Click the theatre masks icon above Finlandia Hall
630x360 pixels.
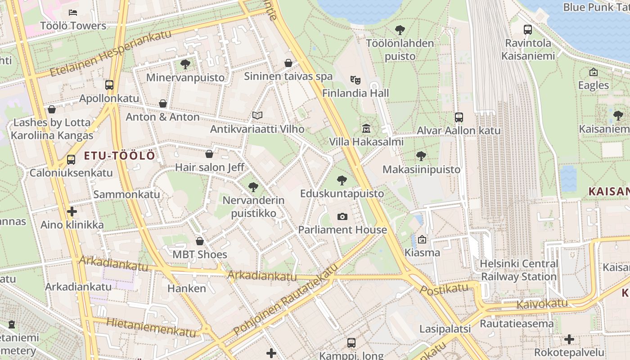pos(355,80)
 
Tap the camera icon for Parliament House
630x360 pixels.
pos(342,217)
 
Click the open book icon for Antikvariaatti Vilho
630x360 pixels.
pos(257,116)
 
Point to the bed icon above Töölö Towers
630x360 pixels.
pos(73,13)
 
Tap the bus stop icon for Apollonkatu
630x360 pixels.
pos(109,85)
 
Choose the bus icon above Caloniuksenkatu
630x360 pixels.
pos(71,159)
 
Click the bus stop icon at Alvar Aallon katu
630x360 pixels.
pos(459,117)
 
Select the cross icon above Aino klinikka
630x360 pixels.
pos(72,211)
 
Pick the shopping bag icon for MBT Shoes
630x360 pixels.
pos(200,241)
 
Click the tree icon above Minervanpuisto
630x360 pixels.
pos(185,64)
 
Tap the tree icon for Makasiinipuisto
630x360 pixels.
pos(421,156)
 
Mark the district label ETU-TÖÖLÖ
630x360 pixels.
pos(120,156)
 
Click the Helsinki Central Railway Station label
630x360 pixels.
pos(519,270)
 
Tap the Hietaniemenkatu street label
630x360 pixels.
pos(151,328)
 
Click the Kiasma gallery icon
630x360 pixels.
pos(422,239)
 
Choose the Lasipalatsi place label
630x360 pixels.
pos(445,329)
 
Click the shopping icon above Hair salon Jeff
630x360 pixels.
pos(209,154)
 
